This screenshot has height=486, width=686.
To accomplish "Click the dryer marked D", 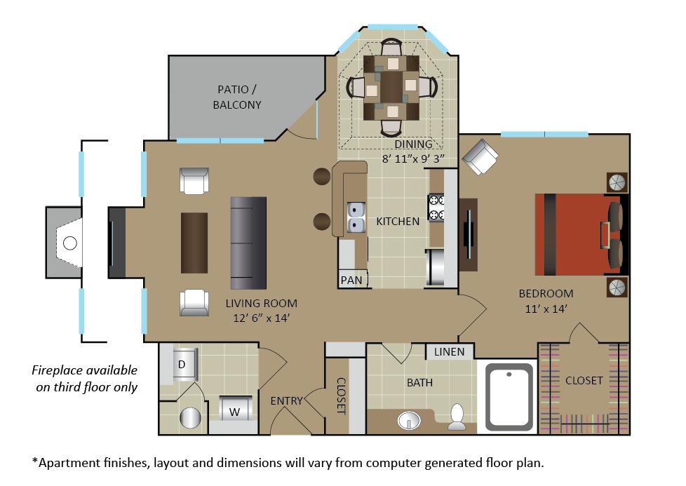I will click(x=181, y=365).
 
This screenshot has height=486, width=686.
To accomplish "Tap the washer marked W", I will click(x=234, y=410).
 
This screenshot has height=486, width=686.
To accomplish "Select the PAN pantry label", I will click(x=351, y=280).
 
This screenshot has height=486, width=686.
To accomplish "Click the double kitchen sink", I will click(x=356, y=217).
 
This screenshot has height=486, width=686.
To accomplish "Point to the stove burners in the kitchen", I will click(x=437, y=208).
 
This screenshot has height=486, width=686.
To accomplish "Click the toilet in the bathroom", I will click(x=457, y=416).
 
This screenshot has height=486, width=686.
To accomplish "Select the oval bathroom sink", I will click(x=409, y=421).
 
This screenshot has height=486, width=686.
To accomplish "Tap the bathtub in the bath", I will click(x=510, y=398).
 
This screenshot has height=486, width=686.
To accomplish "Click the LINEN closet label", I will click(x=449, y=351).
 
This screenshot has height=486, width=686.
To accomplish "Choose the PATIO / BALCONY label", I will click(x=239, y=97).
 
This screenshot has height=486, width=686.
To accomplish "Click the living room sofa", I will click(x=249, y=243).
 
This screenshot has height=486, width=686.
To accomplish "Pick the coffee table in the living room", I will click(x=194, y=243).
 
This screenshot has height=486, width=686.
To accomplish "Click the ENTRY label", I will click(x=287, y=401).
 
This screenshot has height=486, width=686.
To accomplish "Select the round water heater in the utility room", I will click(x=191, y=419).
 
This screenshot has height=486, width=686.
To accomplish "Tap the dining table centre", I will click(x=391, y=87).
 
